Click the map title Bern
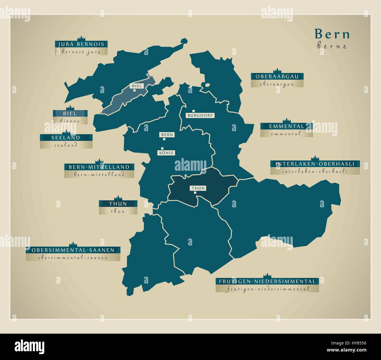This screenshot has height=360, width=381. (332, 34)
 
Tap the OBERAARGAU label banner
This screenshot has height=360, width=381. (277, 77)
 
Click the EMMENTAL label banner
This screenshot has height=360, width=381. (286, 127)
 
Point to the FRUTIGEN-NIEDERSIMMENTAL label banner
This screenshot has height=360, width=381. (267, 281)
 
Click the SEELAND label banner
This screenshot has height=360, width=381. (66, 138)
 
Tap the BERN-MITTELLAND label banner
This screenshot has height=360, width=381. (99, 167)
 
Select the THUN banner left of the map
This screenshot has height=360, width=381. (118, 204)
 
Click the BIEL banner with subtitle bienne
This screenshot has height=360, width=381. (70, 113)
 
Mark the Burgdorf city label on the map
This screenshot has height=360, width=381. (200, 115)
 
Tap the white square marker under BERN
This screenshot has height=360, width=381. (164, 139)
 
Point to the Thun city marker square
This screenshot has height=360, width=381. (195, 192)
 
